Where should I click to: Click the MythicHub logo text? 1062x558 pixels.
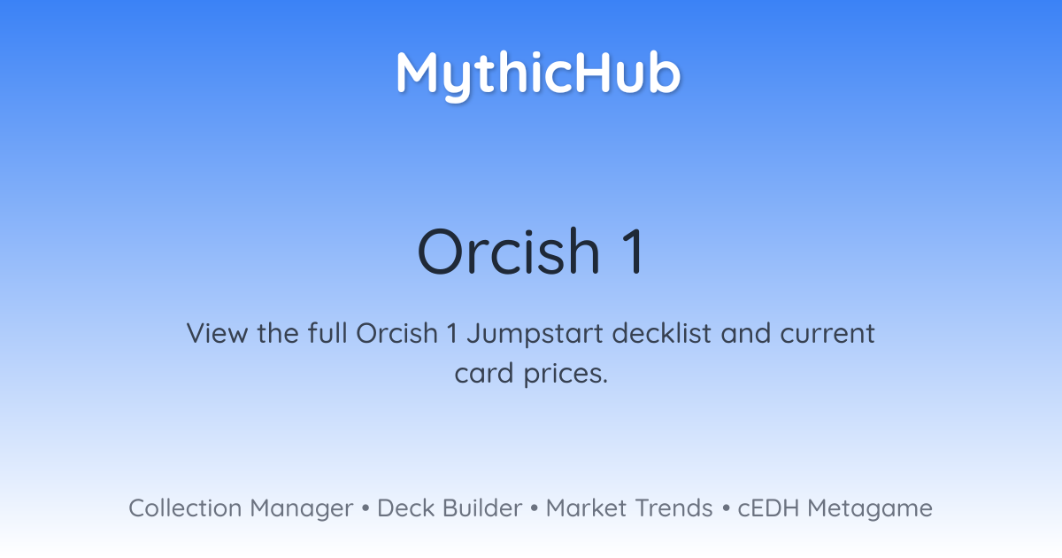click(x=539, y=75)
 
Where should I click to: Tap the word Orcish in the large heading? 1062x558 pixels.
click(x=509, y=251)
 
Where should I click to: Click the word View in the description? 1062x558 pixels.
click(x=217, y=333)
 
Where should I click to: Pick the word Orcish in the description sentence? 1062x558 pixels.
click(x=396, y=333)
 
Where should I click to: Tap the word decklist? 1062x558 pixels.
click(x=661, y=333)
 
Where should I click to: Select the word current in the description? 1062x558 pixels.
click(x=827, y=334)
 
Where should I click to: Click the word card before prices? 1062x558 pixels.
click(x=483, y=373)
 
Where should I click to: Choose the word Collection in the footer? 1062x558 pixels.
click(x=185, y=508)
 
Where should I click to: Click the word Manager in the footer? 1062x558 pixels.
click(x=302, y=510)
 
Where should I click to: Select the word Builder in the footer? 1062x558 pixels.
click(x=482, y=508)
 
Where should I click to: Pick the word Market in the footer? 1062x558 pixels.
click(x=586, y=508)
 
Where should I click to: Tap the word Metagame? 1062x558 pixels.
click(x=870, y=510)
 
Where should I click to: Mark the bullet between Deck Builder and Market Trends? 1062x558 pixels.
click(x=534, y=508)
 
